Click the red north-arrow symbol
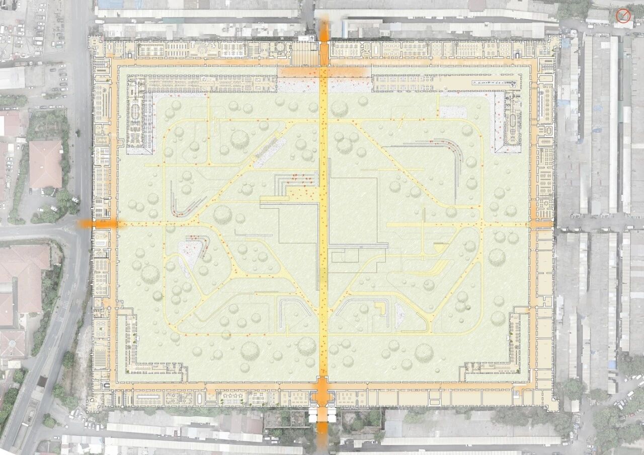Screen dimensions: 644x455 tap(623, 16)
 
